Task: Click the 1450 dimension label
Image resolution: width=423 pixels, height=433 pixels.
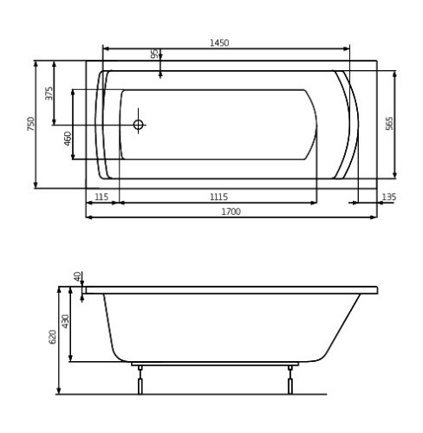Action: click(x=218, y=43)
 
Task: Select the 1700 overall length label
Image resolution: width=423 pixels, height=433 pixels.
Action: click(x=230, y=210)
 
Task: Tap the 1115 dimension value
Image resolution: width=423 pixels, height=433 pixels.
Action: click(x=218, y=197)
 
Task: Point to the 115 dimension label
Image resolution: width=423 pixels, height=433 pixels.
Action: click(x=101, y=197)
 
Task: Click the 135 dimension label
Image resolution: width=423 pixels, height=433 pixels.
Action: click(x=388, y=197)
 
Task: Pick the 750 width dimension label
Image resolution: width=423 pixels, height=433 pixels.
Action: click(x=31, y=124)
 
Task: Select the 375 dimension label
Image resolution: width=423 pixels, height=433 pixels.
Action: click(x=49, y=93)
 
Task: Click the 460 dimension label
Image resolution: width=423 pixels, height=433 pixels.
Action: click(x=68, y=139)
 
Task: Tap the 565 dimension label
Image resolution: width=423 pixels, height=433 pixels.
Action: click(x=389, y=124)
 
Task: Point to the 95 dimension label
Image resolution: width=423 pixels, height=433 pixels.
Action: click(x=154, y=54)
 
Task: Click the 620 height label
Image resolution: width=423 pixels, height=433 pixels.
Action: click(x=53, y=336)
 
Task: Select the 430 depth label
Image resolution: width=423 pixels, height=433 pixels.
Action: click(x=65, y=321)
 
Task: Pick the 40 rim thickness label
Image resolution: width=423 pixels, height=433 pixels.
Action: click(x=77, y=276)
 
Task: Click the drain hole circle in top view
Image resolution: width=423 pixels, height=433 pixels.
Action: click(x=138, y=125)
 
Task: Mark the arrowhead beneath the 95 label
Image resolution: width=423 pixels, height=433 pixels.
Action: click(x=160, y=65)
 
